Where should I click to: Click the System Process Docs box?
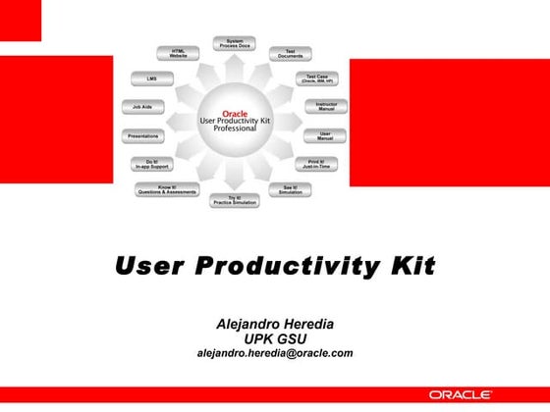pyautogui.click(x=235, y=43)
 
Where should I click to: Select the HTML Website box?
pyautogui.click(x=179, y=53)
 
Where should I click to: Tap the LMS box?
pyautogui.click(x=151, y=77)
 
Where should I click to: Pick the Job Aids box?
pyautogui.click(x=141, y=107)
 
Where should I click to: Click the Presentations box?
pyautogui.click(x=143, y=136)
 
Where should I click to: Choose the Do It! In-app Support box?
pyautogui.click(x=152, y=164)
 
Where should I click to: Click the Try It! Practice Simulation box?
pyautogui.click(x=234, y=200)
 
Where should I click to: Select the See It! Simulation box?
pyautogui.click(x=291, y=189)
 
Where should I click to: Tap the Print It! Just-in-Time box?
pyautogui.click(x=316, y=164)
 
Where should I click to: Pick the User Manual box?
pyautogui.click(x=324, y=135)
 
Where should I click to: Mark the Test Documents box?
pyautogui.click(x=291, y=54)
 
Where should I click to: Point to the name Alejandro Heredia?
pyautogui.click(x=274, y=324)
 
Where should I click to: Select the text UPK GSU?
pyautogui.click(x=274, y=338)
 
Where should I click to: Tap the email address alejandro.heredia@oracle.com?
pyautogui.click(x=274, y=353)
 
